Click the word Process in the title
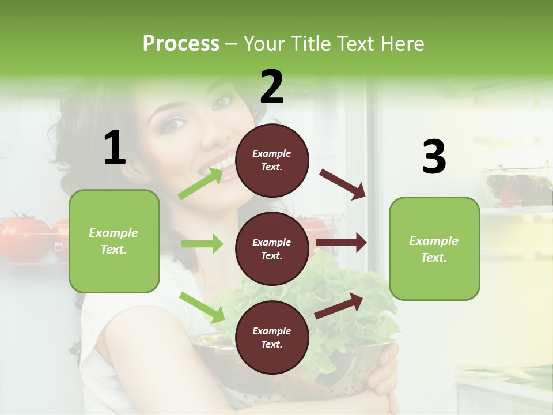point(181,44)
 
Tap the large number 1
point(115,148)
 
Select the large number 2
point(272,87)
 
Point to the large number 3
point(434,157)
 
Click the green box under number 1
point(114,241)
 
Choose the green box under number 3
point(434,248)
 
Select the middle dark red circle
point(272,248)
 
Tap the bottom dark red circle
point(272,337)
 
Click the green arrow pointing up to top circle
point(200,183)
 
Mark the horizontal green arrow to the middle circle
point(202,244)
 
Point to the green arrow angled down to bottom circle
point(202,307)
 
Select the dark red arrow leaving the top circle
point(342,184)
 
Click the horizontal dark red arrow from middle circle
point(341,243)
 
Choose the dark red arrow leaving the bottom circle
point(339,305)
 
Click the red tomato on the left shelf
point(23,237)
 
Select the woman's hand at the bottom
point(383,380)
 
